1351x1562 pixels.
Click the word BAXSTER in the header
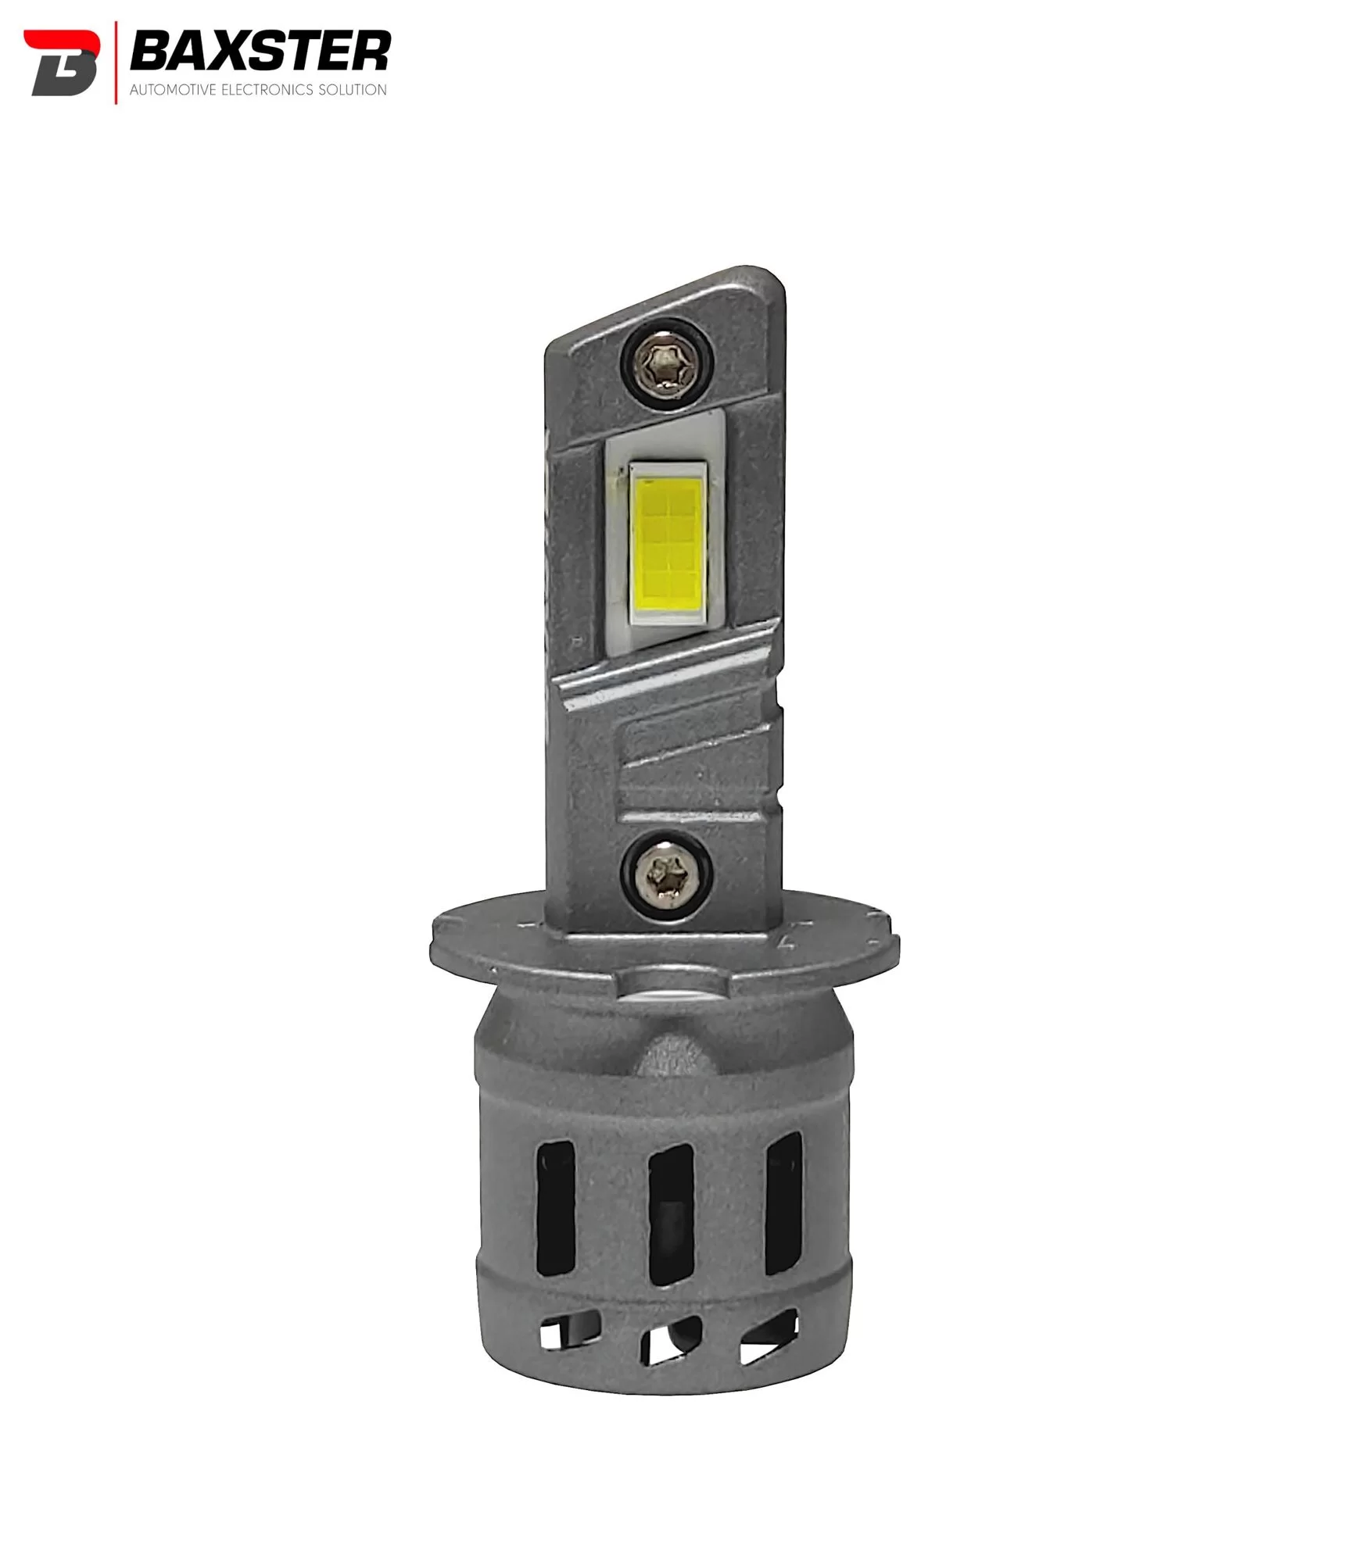click(260, 52)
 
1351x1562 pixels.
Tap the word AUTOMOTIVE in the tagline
click(174, 90)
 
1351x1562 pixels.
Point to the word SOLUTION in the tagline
click(352, 90)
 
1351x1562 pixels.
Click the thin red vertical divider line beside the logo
click(116, 63)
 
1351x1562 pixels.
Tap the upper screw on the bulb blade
click(667, 362)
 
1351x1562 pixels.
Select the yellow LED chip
click(668, 545)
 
